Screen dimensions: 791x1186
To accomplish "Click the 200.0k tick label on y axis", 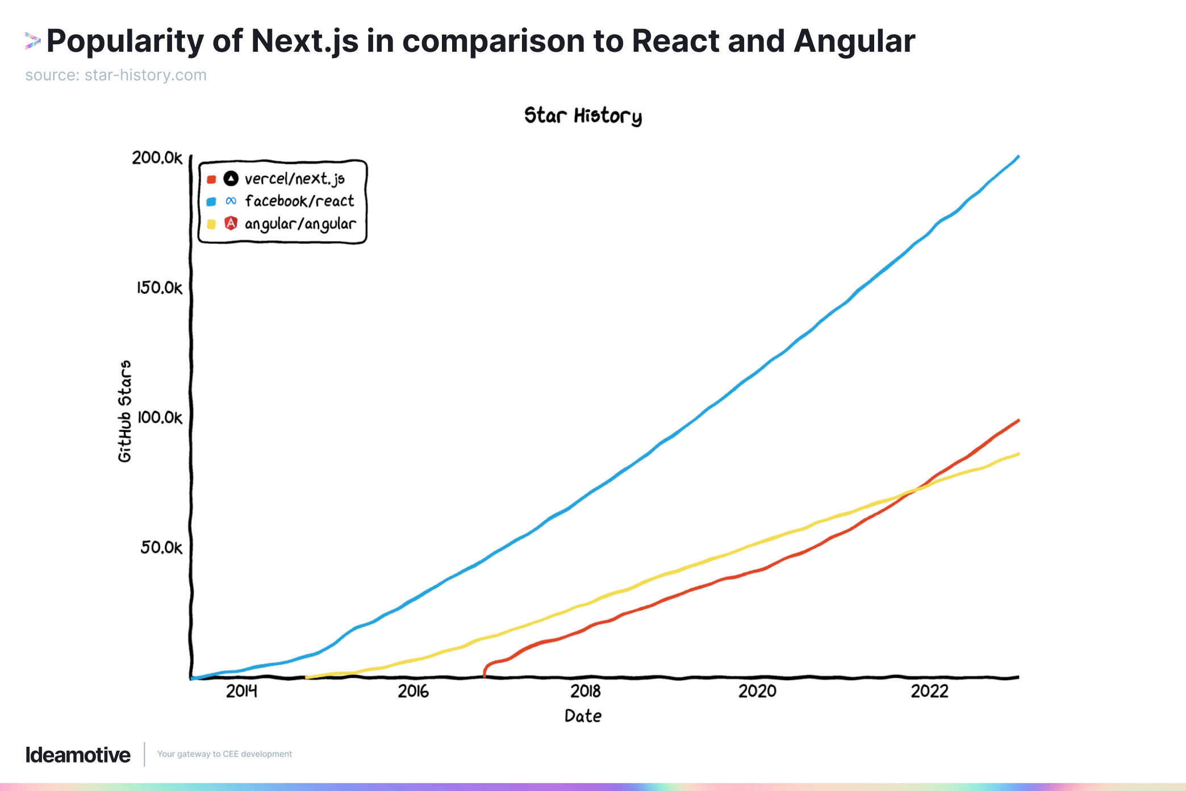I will [157, 157].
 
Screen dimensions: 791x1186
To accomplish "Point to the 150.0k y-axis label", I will [160, 288].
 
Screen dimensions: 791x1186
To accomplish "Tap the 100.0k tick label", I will [160, 418].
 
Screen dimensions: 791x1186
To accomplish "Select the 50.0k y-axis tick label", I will [162, 547].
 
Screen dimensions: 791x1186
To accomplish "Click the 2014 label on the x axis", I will [241, 691].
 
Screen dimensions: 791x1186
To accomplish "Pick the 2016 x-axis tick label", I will [413, 691].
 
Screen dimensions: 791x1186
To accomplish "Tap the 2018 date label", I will [586, 691].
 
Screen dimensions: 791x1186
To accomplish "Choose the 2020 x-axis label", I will [757, 691].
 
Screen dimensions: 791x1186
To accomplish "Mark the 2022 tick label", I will [930, 691].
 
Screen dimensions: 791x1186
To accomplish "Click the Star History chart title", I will [583, 116].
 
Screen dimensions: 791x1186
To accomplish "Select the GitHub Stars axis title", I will [125, 411].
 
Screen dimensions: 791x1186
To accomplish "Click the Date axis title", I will [583, 716].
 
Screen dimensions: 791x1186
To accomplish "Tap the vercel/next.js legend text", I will [294, 179].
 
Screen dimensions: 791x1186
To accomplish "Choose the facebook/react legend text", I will [299, 201].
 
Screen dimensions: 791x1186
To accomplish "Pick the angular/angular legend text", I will [300, 224].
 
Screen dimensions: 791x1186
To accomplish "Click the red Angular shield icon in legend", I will [231, 223].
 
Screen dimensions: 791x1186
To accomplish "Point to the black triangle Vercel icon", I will [231, 178].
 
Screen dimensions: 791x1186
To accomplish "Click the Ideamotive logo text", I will [78, 755].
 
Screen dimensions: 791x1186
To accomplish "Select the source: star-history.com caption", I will [116, 75].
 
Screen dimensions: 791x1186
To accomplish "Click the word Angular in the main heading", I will [854, 41].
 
